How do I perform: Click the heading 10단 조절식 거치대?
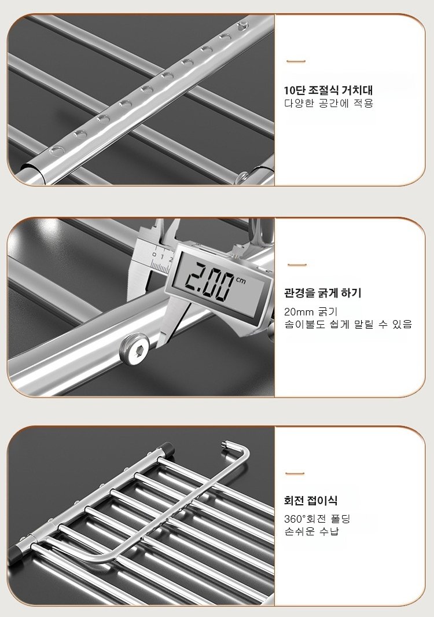(328, 90)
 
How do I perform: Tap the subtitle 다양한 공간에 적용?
(329, 104)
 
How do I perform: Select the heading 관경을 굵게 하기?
(323, 293)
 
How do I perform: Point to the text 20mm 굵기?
(311, 312)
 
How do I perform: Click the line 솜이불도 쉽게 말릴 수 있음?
(348, 324)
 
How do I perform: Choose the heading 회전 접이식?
(311, 501)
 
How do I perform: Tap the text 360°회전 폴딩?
(317, 519)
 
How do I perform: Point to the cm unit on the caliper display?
(241, 280)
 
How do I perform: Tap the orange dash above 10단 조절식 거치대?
(296, 61)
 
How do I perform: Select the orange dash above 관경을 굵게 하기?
(297, 265)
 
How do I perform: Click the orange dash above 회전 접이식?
(295, 473)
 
